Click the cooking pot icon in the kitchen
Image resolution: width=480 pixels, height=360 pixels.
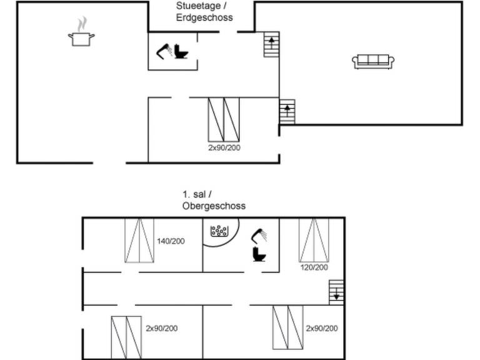[81, 39]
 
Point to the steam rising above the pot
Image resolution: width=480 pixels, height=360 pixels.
[81, 24]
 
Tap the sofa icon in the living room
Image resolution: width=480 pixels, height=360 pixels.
[373, 61]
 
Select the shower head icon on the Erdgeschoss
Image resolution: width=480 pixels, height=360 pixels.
[164, 51]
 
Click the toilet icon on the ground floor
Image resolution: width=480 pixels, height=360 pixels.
[182, 51]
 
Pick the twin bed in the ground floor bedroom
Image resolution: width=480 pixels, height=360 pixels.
[224, 119]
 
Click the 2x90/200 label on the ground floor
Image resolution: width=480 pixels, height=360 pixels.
[224, 148]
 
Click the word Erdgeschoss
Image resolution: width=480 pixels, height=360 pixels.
[204, 17]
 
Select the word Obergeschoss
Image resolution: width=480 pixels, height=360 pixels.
[214, 206]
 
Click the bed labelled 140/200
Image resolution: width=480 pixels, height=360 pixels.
[139, 241]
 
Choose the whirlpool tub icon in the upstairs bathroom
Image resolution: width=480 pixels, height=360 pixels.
[219, 231]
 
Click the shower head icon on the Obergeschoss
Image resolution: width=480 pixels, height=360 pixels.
[259, 236]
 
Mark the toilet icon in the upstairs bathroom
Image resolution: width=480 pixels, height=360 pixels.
[258, 254]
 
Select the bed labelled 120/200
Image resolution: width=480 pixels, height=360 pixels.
[314, 240]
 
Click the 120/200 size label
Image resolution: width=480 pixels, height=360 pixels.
[314, 267]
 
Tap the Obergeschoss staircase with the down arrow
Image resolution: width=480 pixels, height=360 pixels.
[336, 292]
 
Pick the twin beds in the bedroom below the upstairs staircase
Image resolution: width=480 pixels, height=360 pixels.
[287, 327]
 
